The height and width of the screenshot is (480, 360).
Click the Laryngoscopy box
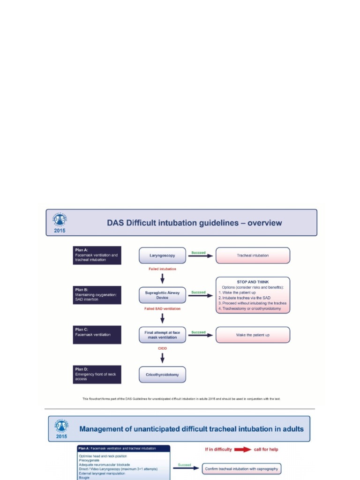click(x=162, y=255)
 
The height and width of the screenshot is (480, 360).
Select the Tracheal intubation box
click(x=253, y=255)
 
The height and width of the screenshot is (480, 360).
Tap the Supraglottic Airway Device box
click(x=162, y=295)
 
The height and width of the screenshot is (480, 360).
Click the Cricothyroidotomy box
click(x=162, y=375)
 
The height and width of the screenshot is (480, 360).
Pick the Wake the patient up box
click(x=253, y=335)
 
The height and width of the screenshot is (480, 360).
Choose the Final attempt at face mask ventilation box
click(x=162, y=335)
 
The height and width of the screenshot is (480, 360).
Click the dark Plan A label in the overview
click(x=97, y=255)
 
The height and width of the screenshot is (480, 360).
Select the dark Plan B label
click(x=97, y=295)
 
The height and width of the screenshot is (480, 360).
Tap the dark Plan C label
click(x=97, y=335)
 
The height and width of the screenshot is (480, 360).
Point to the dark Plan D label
click(x=97, y=375)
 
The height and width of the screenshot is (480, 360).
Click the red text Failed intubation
click(x=162, y=269)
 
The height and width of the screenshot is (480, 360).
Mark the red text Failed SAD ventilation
click(x=162, y=309)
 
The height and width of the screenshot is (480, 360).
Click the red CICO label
click(x=162, y=349)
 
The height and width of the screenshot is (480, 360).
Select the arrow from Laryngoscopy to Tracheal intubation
click(x=200, y=256)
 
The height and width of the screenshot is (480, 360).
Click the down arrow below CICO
click(x=162, y=358)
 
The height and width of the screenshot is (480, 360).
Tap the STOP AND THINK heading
click(x=253, y=282)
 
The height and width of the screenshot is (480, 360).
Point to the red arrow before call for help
click(x=242, y=449)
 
